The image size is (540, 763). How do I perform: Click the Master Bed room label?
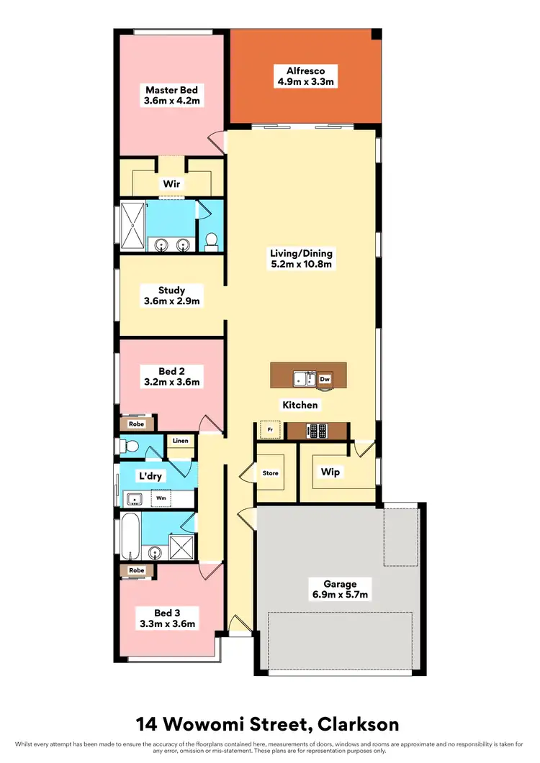[x=171, y=96]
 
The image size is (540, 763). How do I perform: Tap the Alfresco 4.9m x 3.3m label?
[x=305, y=76]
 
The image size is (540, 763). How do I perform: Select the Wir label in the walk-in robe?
[x=171, y=184]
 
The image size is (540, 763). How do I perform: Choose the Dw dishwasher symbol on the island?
[x=325, y=378]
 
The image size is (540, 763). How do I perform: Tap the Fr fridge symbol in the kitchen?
[x=270, y=429]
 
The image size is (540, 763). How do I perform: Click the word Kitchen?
[x=300, y=405]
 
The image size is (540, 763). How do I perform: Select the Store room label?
[x=270, y=473]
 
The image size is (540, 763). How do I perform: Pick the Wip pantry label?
[x=330, y=472]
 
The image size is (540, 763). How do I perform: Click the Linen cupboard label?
[x=180, y=441]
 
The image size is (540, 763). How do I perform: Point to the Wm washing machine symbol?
[x=162, y=498]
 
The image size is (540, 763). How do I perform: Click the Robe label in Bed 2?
[x=136, y=424]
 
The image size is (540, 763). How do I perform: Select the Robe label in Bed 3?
[x=136, y=570]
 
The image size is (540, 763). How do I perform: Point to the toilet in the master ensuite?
[x=212, y=241]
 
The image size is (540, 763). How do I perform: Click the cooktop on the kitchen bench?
[x=318, y=431]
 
